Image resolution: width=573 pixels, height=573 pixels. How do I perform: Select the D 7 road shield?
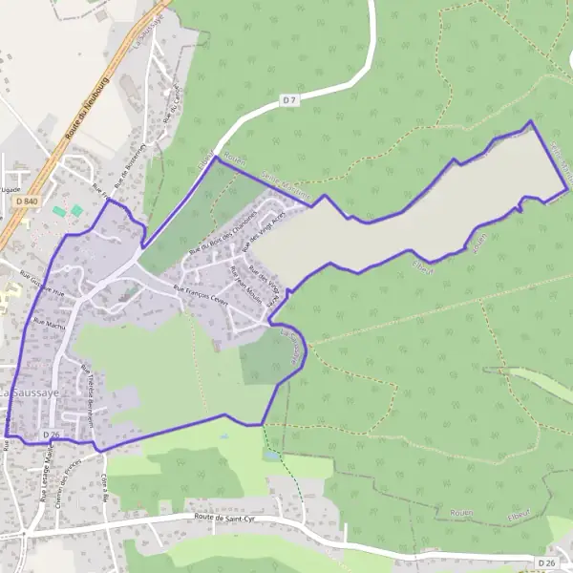(x=289, y=98)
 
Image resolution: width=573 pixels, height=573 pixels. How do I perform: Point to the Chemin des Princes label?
(x=67, y=488)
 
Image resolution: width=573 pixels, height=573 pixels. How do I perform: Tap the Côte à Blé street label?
(x=102, y=487)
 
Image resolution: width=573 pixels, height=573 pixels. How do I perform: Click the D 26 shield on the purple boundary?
(x=53, y=435)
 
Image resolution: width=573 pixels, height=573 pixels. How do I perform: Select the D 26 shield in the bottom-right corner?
(x=546, y=562)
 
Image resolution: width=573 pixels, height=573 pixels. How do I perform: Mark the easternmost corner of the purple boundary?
(x=567, y=190)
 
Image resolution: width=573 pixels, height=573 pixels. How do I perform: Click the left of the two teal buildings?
(x=60, y=210)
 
